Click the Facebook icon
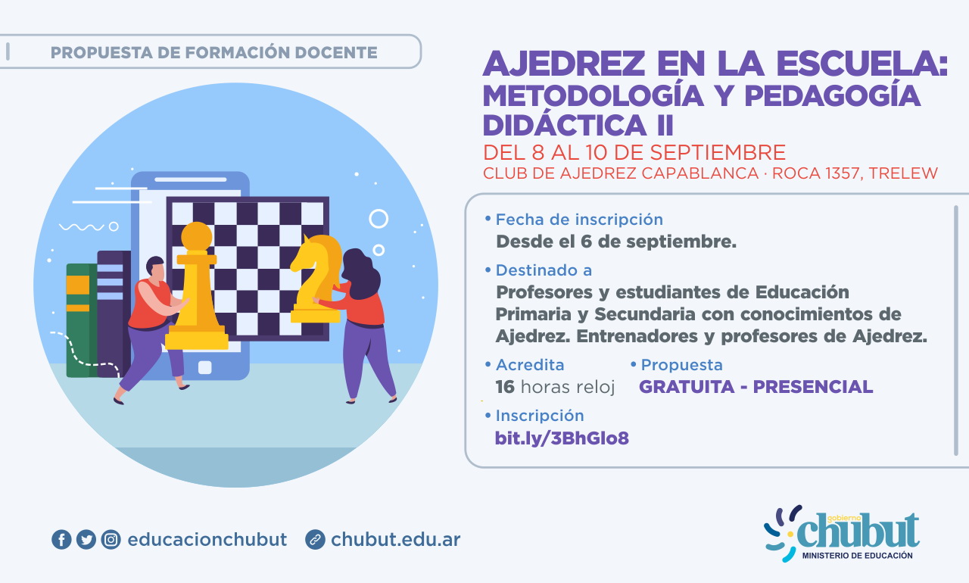click(x=61, y=540)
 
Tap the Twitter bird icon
click(x=86, y=540)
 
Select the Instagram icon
click(x=111, y=540)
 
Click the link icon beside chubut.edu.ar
click(x=315, y=540)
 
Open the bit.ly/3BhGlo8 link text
click(x=562, y=438)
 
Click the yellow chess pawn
click(x=197, y=286)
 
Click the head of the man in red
click(x=155, y=268)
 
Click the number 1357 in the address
click(x=843, y=173)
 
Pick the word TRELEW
click(x=903, y=173)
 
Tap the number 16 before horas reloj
click(x=505, y=387)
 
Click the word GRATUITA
click(x=687, y=387)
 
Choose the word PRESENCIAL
click(x=813, y=387)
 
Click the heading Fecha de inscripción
click(x=579, y=220)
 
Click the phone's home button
click(x=204, y=368)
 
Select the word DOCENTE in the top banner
click(x=336, y=53)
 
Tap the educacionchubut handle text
click(x=207, y=540)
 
